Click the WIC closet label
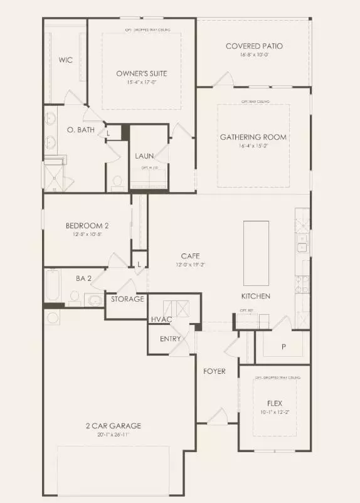[66, 60]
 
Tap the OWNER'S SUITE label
[142, 73]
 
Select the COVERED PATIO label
[254, 46]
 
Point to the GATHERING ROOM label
[253, 137]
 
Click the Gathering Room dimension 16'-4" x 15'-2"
[253, 146]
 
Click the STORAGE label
[127, 299]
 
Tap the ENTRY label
[170, 339]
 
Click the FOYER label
[214, 371]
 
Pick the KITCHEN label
[256, 295]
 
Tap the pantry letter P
[283, 346]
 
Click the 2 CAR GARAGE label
[114, 426]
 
